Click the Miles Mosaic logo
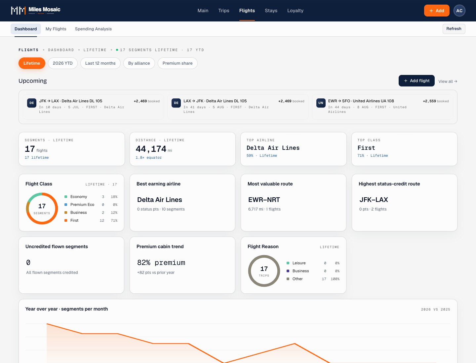[36, 10]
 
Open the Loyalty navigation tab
[295, 11]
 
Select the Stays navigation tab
[271, 11]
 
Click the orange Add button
[437, 11]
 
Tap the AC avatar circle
[459, 11]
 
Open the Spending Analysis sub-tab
[93, 29]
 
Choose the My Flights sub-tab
[56, 29]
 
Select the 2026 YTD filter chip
[63, 63]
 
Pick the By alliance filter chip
[139, 63]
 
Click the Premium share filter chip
[178, 63]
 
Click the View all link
[448, 82]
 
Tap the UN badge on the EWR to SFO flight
[321, 103]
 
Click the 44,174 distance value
[151, 149]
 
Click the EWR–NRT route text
[264, 200]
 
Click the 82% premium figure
[161, 263]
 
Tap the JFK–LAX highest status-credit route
[374, 200]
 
